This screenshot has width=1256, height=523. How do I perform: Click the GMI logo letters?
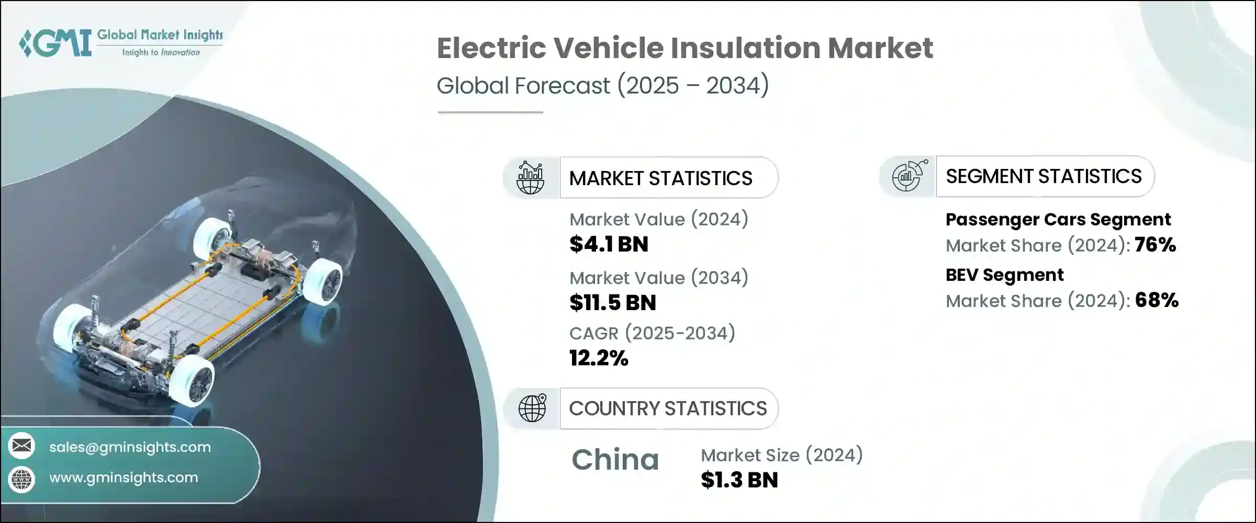click(55, 43)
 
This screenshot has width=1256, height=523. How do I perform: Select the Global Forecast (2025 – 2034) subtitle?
click(602, 85)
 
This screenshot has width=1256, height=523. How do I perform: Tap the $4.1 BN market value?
click(609, 244)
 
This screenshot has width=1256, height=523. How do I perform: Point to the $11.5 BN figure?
click(612, 303)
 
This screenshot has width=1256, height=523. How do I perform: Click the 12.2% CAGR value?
click(598, 358)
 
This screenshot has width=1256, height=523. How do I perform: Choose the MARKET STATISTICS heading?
click(660, 178)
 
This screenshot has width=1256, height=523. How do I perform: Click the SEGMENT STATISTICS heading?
click(1043, 177)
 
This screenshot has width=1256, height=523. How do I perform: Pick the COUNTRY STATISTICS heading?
click(668, 408)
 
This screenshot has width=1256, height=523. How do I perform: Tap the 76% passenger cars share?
click(1155, 245)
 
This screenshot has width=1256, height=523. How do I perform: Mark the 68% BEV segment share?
click(1157, 300)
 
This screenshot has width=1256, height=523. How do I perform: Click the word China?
click(615, 460)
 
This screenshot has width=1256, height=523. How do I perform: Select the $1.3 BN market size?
click(739, 480)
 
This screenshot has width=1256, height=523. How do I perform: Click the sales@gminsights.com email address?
click(130, 447)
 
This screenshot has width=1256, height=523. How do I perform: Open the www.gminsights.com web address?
click(124, 477)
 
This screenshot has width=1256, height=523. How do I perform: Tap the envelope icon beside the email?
click(21, 446)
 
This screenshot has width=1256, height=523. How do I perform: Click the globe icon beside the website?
click(21, 479)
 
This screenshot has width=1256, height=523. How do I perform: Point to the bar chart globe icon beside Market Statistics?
click(530, 178)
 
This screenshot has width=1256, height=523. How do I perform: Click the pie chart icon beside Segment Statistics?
click(909, 176)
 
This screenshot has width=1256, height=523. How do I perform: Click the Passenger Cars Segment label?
click(1058, 220)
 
